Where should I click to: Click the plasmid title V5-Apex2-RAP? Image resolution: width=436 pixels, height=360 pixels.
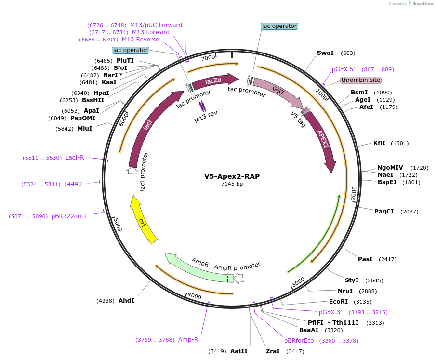pyautogui.click(x=232, y=176)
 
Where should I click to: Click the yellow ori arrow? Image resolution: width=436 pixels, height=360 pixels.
pyautogui.click(x=144, y=222)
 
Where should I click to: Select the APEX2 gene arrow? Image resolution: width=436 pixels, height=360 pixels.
pyautogui.click(x=321, y=140)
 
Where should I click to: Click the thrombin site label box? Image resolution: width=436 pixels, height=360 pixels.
pyautogui.click(x=361, y=80)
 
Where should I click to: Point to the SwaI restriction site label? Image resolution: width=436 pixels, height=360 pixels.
pyautogui.click(x=325, y=53)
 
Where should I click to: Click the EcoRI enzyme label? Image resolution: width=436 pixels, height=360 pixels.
pyautogui.click(x=338, y=302)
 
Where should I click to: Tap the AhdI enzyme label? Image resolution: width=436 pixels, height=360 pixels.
pyautogui.click(x=126, y=300)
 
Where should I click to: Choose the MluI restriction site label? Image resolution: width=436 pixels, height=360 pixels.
pyautogui.click(x=85, y=129)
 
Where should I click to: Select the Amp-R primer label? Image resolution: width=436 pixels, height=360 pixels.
pyautogui.click(x=188, y=340)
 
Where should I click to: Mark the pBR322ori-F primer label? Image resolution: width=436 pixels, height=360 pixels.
pyautogui.click(x=69, y=216)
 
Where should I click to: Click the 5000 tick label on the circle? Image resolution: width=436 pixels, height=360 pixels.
pyautogui.click(x=116, y=225)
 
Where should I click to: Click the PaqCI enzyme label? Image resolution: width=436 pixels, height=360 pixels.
pyautogui.click(x=384, y=211)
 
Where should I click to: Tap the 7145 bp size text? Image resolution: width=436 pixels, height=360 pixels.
pyautogui.click(x=232, y=184)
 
